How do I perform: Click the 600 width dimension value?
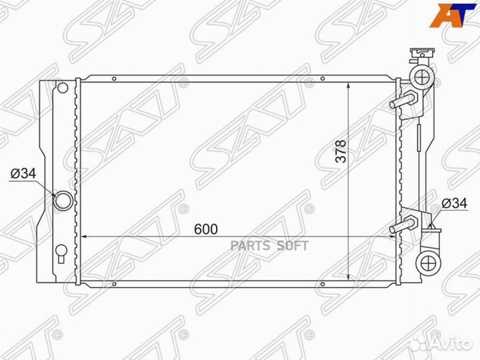tap(206, 229)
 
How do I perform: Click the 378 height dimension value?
tap(341, 151)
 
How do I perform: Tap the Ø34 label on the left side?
tap(23, 173)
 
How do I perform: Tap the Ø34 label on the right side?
tap(455, 203)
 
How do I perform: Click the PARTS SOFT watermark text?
tap(269, 246)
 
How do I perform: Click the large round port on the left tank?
tap(63, 201)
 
